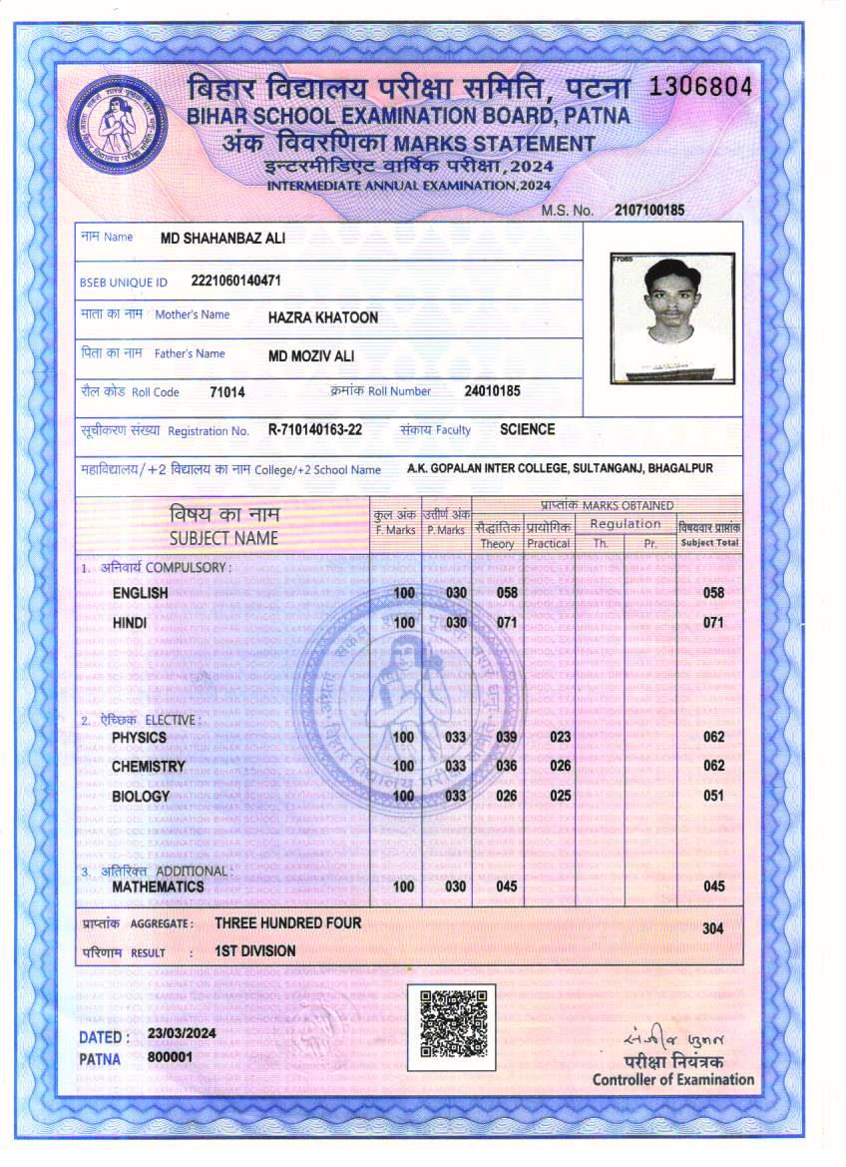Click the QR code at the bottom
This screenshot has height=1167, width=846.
tap(451, 1026)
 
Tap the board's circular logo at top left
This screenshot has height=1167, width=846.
tap(120, 125)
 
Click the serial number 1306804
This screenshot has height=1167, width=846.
tap(700, 87)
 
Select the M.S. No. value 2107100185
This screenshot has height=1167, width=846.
tap(649, 210)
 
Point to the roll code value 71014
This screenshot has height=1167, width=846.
tap(227, 392)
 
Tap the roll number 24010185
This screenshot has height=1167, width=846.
tap(492, 391)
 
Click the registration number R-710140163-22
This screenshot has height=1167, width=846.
tap(315, 430)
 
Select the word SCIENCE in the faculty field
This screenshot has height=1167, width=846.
tap(528, 429)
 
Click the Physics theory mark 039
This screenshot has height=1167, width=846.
tap(507, 737)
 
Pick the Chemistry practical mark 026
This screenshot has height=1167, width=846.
tap(560, 766)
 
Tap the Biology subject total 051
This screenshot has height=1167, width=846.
tap(713, 797)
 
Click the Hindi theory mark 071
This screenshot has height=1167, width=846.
tap(507, 623)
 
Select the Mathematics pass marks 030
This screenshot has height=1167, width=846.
tap(456, 886)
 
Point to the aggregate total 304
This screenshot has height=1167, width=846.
tap(712, 928)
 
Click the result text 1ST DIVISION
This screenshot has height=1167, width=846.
tap(255, 951)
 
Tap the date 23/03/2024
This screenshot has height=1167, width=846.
tap(182, 1035)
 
